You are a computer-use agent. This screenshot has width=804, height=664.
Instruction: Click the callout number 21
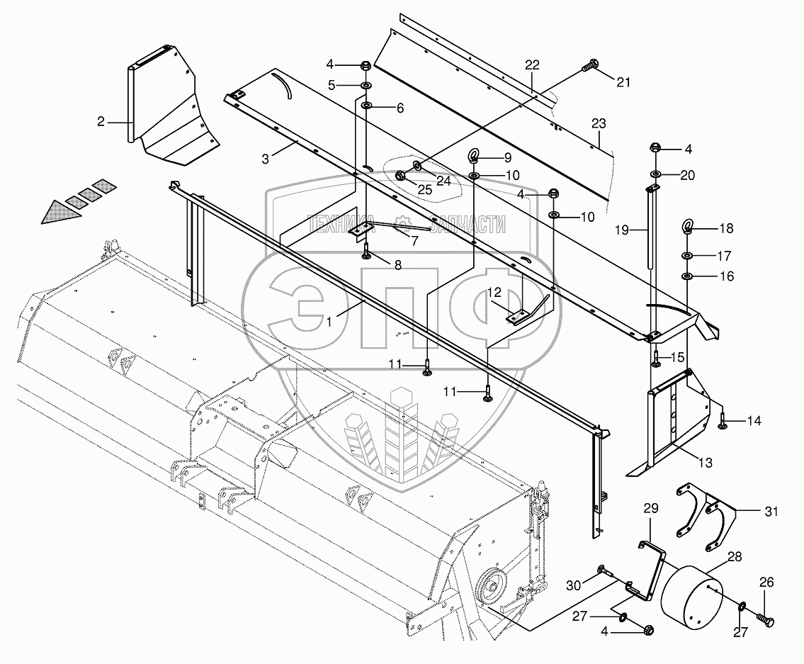click(623, 83)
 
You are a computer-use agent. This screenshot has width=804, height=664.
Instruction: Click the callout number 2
click(101, 122)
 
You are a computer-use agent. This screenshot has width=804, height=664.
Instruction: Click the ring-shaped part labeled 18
click(686, 227)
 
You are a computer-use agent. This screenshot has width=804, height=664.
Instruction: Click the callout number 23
click(599, 123)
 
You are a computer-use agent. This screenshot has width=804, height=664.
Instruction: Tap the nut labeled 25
click(400, 174)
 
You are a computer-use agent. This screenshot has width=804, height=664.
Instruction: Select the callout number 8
click(397, 266)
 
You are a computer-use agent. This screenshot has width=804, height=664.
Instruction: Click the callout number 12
click(493, 291)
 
